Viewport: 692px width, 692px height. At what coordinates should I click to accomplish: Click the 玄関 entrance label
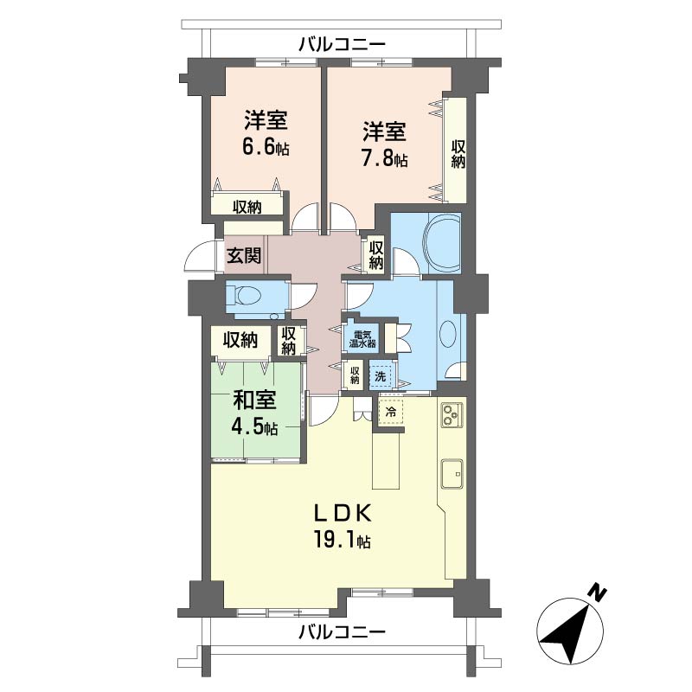244,255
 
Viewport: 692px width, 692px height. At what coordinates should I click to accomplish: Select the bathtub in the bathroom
442,244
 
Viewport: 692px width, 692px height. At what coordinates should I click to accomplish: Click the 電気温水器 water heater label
362,338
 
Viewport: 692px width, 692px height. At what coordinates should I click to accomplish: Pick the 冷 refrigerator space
391,413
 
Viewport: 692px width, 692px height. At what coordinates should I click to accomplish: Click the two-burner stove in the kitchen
451,415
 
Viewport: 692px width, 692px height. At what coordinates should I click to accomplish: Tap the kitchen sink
452,473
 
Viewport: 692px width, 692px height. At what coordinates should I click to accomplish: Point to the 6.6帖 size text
266,147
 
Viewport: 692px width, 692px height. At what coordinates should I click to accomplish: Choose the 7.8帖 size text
384,159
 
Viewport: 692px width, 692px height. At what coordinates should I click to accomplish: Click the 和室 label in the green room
254,401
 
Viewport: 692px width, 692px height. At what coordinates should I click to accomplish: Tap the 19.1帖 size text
342,540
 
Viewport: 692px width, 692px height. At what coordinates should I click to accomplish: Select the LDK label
342,514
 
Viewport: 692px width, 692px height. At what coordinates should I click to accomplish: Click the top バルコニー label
343,44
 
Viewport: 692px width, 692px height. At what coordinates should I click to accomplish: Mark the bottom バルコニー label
343,632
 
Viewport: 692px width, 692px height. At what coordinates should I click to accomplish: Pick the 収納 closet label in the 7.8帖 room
458,154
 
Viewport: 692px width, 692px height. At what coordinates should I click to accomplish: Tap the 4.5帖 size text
254,427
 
